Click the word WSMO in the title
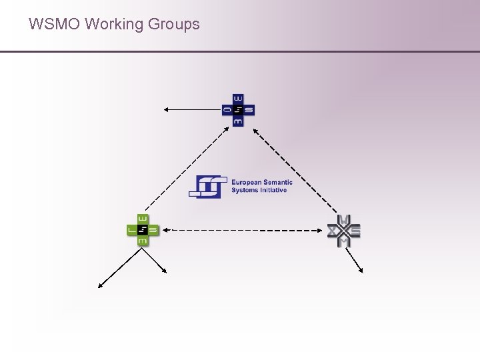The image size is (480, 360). click(x=54, y=25)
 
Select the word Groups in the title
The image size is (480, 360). click(x=174, y=25)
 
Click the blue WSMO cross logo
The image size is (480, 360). click(x=238, y=110)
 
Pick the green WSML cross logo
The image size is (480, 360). click(x=143, y=231)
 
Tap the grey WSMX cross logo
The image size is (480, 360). click(x=344, y=231)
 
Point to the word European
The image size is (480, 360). click(x=246, y=181)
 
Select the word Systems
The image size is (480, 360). click(x=244, y=190)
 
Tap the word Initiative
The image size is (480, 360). click(x=273, y=190)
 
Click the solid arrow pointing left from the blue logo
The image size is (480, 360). click(x=193, y=109)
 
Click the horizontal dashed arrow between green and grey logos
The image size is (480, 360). click(x=247, y=230)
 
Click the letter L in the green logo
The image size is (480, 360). click(x=132, y=231)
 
